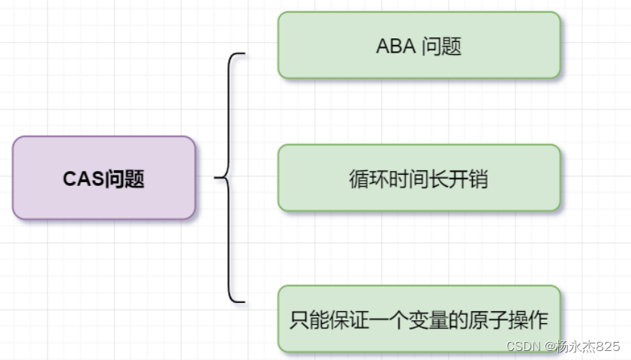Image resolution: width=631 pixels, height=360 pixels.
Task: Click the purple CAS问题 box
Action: coord(104,178)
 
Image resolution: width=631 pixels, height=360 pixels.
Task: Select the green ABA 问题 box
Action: coord(419,45)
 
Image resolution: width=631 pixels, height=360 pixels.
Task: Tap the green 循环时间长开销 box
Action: coord(419,178)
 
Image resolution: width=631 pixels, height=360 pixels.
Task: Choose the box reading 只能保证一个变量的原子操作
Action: coord(419,319)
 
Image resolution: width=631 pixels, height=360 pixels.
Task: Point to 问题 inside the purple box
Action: coord(125,179)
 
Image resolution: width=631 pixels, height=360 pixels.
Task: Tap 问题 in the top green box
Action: coord(442,46)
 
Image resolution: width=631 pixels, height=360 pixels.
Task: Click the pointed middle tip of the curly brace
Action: coord(216,178)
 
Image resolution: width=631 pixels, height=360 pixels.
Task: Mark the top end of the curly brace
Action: coord(244,54)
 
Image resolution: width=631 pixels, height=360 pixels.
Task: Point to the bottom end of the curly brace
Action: coord(244,301)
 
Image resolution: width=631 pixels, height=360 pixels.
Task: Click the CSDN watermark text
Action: coord(524,346)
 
